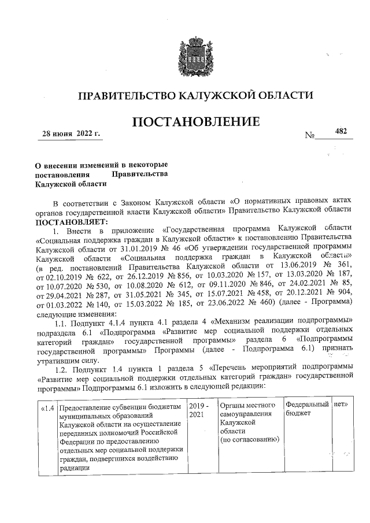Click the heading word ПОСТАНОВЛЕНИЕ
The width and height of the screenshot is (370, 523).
click(196, 122)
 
